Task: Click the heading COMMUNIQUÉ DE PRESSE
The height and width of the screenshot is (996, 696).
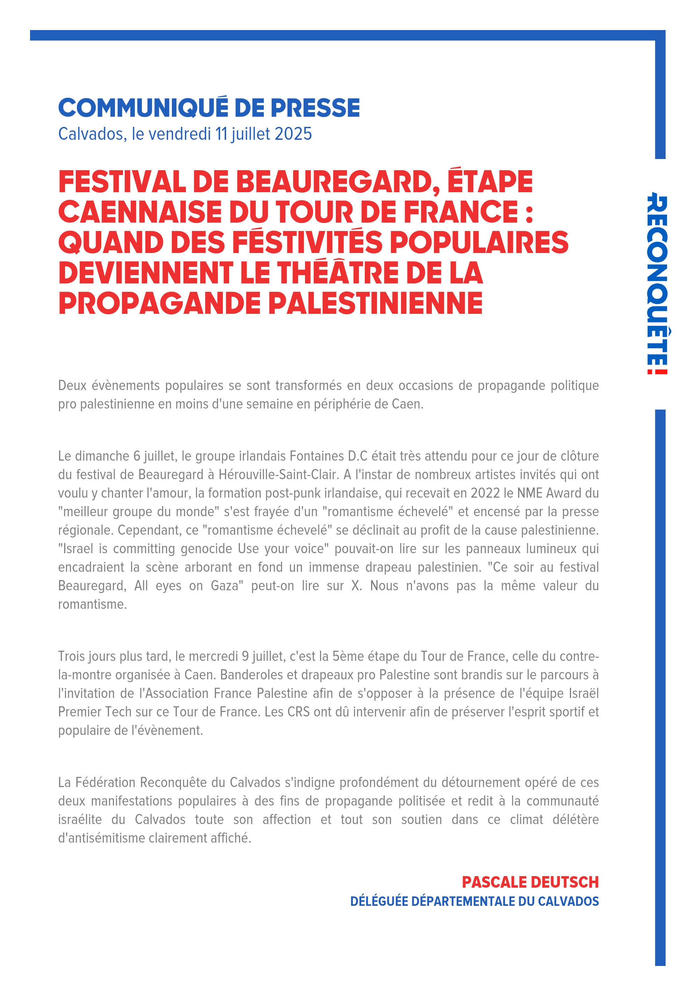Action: pyautogui.click(x=209, y=108)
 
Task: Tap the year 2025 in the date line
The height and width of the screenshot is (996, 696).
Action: pyautogui.click(x=293, y=134)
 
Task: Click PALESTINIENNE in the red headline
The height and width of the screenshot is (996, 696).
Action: pyautogui.click(x=375, y=303)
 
